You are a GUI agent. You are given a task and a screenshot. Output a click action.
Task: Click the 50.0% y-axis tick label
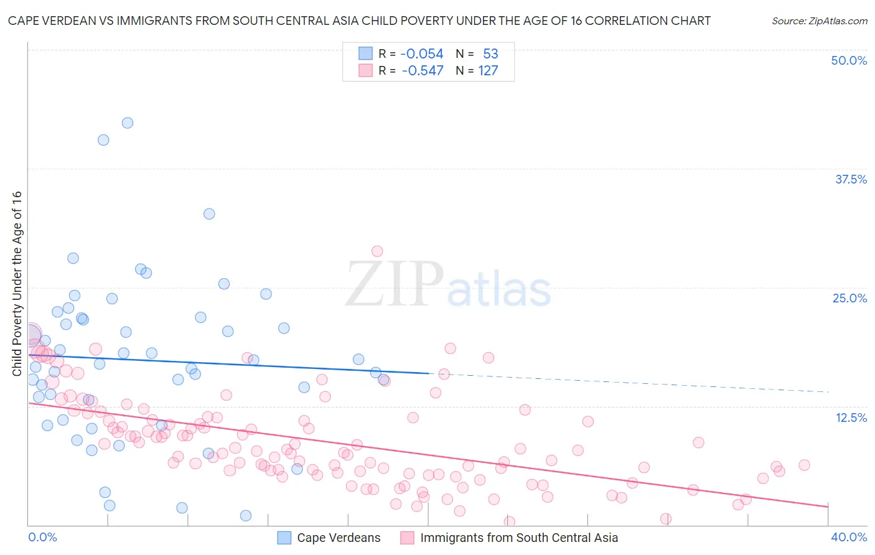tap(849, 60)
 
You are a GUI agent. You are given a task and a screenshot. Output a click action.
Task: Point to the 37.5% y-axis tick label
tap(851, 179)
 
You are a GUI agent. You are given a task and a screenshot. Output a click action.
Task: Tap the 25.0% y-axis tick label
tap(849, 298)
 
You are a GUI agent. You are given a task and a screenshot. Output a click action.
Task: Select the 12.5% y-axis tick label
tap(851, 417)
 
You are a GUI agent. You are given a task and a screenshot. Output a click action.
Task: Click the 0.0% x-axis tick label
tap(43, 537)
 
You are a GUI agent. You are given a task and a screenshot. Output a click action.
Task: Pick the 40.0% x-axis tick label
tap(849, 537)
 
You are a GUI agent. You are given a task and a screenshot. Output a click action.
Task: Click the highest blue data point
tap(128, 123)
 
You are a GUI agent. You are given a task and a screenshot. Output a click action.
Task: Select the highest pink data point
tap(377, 251)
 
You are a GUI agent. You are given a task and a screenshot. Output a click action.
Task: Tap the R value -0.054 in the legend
tap(421, 54)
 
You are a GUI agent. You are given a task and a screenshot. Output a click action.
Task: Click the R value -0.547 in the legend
tap(422, 71)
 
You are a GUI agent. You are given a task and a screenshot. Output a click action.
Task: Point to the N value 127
tap(488, 71)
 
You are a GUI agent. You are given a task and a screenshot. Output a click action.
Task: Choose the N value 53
tap(490, 54)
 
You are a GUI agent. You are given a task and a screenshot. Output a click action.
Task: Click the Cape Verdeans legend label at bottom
tap(339, 538)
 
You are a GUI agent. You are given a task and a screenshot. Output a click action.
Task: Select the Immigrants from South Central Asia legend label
tap(519, 538)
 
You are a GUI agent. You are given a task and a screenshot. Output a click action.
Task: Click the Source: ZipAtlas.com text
tap(819, 21)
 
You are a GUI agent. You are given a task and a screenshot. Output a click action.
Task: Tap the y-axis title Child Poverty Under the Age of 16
tap(17, 283)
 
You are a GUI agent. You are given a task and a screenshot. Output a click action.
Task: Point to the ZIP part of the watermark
tap(394, 284)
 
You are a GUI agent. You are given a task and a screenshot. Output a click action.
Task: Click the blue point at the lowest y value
tap(246, 515)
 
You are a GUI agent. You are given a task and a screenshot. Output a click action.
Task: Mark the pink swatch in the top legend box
tap(365, 71)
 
